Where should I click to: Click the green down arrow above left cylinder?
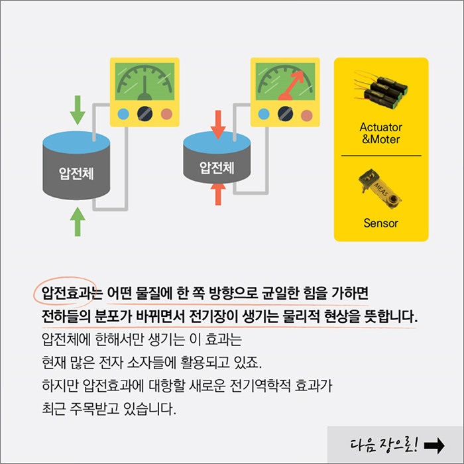click(x=78, y=110)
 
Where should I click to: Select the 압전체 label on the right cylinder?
click(x=217, y=167)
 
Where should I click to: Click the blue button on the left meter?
click(x=123, y=114)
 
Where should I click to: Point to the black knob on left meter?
click(x=145, y=114)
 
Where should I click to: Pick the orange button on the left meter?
click(x=166, y=114)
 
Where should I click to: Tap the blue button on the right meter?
click(x=264, y=113)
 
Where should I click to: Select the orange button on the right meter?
click(x=307, y=113)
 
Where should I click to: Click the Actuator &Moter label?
click(x=380, y=133)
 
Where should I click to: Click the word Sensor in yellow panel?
click(x=380, y=223)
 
